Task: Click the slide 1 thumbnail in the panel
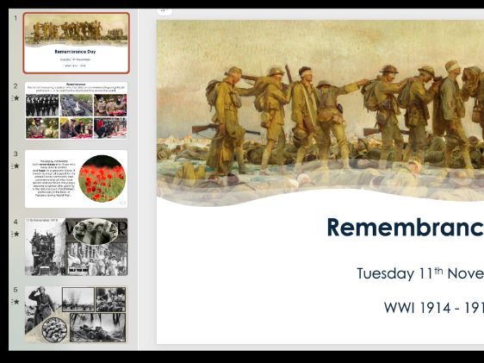[76, 42]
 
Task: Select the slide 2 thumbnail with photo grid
[76, 110]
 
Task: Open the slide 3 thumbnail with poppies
[76, 178]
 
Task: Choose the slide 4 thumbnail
[76, 247]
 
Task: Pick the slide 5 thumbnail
[76, 315]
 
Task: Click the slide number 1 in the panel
[16, 17]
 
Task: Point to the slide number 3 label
[16, 154]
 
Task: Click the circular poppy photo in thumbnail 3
[102, 178]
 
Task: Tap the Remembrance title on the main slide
[405, 228]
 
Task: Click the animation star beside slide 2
[16, 98]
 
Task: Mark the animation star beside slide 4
[16, 234]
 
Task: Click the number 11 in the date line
[425, 274]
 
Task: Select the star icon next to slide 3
[16, 166]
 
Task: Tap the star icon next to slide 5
[16, 302]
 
